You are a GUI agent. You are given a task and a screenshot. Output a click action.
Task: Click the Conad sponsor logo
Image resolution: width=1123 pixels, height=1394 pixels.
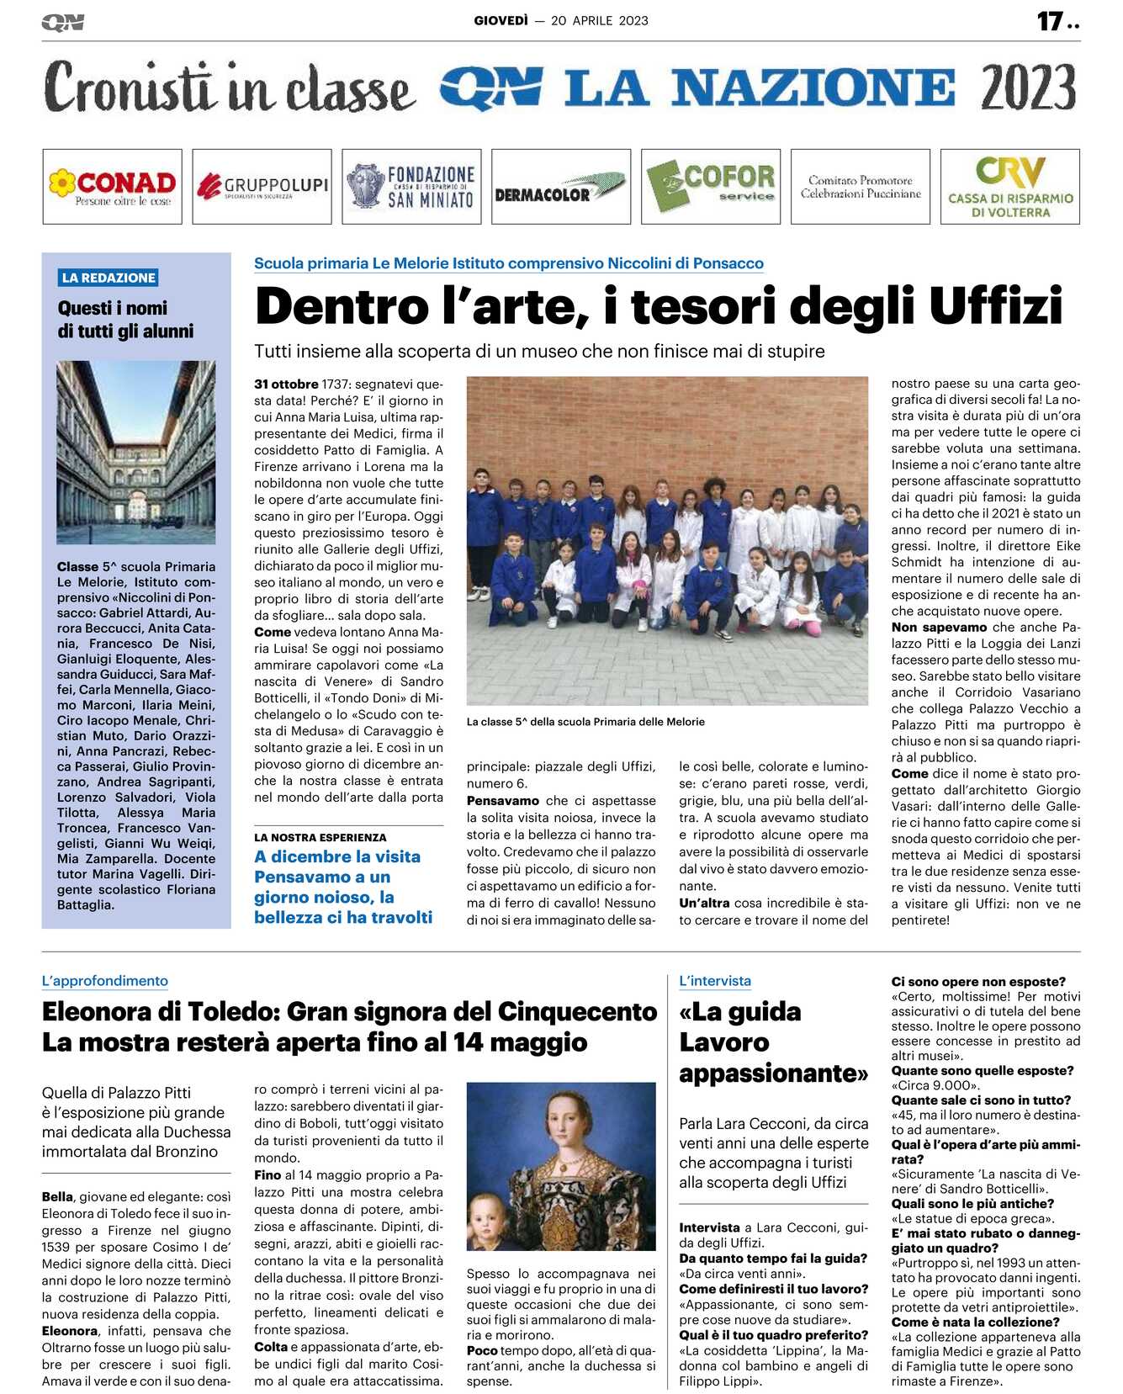pos(112,187)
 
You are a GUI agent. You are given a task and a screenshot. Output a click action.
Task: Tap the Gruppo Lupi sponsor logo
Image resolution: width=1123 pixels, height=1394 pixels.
pos(262,187)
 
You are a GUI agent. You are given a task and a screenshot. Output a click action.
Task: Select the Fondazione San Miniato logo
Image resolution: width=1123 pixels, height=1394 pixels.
pos(411,187)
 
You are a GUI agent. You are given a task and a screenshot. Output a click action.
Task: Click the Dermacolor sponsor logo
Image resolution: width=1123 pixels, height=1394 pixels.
pos(561,187)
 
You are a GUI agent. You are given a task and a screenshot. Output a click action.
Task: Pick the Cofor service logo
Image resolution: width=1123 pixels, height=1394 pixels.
pos(711,187)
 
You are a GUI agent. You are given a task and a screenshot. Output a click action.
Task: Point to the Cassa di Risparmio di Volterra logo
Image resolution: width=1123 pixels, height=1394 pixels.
pos(1009,187)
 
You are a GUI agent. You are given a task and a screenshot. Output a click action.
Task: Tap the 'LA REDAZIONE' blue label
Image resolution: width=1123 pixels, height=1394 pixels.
pos(109,278)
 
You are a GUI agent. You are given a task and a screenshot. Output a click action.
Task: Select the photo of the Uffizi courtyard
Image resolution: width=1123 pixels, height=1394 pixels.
pos(136,452)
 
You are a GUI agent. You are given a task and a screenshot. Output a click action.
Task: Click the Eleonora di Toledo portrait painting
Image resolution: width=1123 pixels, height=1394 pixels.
pos(561,1166)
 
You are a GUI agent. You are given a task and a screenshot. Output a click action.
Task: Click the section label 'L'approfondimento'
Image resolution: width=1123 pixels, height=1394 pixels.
pos(105,981)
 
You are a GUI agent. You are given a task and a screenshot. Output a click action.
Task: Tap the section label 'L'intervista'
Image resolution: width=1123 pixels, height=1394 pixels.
pos(715,981)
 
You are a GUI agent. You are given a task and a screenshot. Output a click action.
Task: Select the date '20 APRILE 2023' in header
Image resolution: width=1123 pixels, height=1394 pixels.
pos(599,21)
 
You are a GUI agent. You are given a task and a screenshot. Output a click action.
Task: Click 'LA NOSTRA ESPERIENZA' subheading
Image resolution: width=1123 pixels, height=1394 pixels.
pos(320,838)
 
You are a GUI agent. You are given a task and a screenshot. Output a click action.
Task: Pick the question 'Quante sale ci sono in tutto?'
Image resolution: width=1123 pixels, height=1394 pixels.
pos(981,1100)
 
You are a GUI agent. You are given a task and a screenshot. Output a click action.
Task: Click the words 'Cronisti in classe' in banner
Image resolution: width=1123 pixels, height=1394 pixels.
pos(230,87)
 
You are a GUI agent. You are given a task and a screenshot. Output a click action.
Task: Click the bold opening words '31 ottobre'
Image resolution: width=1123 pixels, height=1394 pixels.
pos(286,384)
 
